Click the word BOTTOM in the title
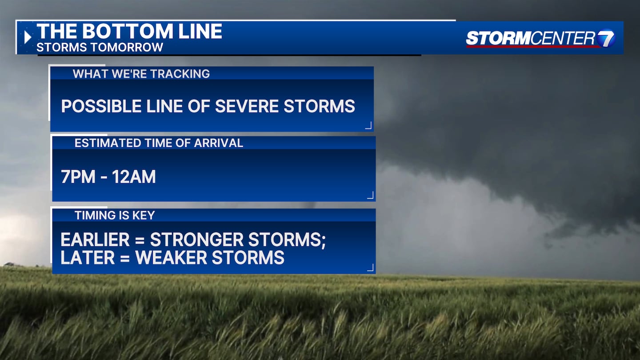[128, 31]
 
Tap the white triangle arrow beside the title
[28, 37]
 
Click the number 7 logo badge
[606, 38]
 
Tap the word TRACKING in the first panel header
[180, 74]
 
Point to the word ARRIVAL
[219, 143]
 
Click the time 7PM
[78, 176]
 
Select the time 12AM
[134, 176]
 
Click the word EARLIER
[95, 240]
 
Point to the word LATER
[88, 257]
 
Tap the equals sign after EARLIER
[140, 240]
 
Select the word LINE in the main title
[200, 31]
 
